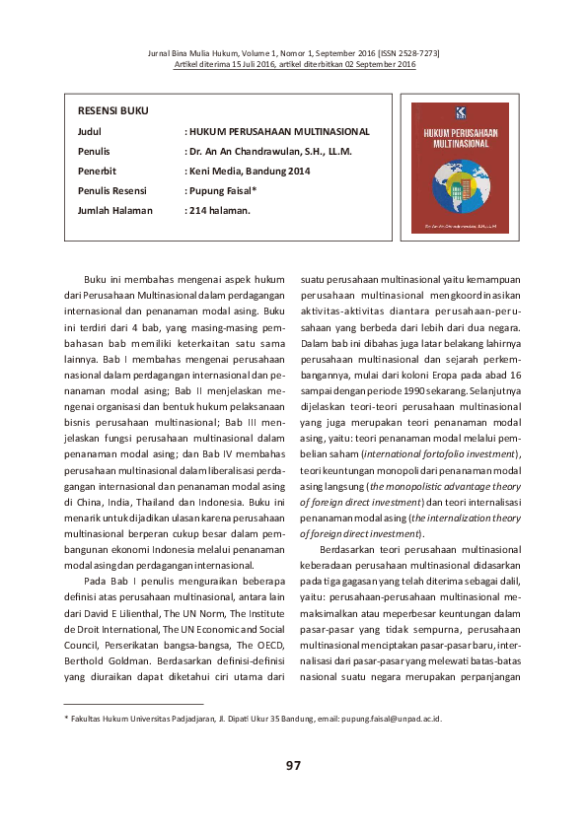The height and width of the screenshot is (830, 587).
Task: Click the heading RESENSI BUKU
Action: tap(113, 110)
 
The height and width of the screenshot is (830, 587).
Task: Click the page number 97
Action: tap(293, 766)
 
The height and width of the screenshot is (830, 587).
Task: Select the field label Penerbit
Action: tap(98, 171)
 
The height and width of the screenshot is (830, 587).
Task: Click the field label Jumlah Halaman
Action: tap(115, 210)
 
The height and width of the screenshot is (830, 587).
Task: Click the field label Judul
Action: tap(90, 131)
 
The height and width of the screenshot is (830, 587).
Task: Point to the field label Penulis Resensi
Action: tap(113, 190)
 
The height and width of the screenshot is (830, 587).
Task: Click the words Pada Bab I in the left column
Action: tap(109, 581)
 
